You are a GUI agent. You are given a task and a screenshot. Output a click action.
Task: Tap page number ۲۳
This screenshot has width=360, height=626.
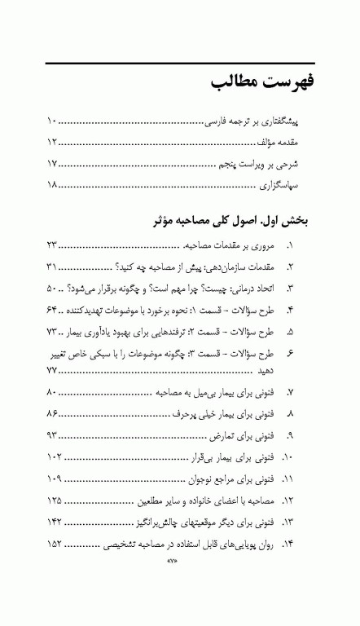53,245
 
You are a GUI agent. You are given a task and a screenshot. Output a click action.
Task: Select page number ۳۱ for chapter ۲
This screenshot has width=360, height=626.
53,267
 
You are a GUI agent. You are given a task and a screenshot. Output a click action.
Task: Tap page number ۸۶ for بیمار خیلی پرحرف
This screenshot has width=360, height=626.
53,414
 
